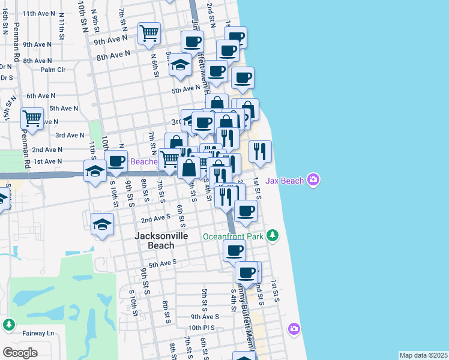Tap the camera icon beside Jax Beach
tap(313, 179)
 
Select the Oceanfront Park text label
tap(233, 236)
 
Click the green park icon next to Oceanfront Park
tap(273, 235)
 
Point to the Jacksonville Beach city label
tap(161, 241)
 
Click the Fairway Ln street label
tap(34, 333)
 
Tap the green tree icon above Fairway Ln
tap(8, 325)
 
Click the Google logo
tap(20, 352)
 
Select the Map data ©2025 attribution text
tap(423, 355)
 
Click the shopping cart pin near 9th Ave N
tap(149, 34)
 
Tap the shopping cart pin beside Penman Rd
tap(31, 119)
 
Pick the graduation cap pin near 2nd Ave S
tap(103, 225)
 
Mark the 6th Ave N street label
tap(41, 95)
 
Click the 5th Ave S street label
tap(163, 263)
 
